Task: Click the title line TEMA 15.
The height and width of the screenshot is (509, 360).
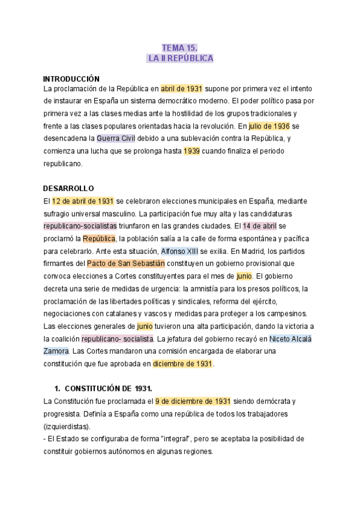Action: click(180, 47)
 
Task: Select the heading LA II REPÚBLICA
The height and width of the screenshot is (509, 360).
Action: click(180, 59)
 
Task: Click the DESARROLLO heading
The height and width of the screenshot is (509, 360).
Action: click(68, 188)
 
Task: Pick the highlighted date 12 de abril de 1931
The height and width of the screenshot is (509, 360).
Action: click(83, 201)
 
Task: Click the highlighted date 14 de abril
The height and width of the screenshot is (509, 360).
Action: click(260, 226)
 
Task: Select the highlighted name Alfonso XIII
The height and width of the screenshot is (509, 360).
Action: click(181, 251)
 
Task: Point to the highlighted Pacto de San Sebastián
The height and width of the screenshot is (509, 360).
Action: click(125, 264)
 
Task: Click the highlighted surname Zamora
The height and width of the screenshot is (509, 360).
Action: click(56, 351)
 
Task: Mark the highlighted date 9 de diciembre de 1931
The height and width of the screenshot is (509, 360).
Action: click(193, 401)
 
